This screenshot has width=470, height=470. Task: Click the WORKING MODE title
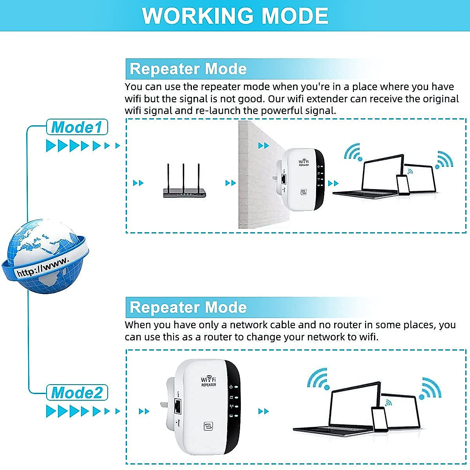tap(235, 16)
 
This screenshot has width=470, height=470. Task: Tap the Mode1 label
tap(77, 127)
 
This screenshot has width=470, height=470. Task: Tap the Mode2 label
tap(77, 393)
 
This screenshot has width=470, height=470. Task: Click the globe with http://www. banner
tap(46, 257)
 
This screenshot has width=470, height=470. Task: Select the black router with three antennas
tap(184, 192)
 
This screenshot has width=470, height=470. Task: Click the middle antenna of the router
tap(183, 176)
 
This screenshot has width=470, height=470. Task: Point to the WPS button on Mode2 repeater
tap(208, 426)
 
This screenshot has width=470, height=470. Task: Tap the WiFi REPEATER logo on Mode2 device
tap(208, 381)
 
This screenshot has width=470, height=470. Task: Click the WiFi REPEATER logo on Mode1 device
tap(304, 163)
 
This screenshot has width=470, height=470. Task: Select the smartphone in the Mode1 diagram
tap(403, 184)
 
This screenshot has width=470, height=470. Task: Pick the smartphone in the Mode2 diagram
tap(379, 419)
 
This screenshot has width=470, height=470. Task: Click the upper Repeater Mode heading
tap(188, 69)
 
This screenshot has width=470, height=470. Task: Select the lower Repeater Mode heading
tap(188, 307)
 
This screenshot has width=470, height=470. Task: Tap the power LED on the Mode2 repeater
tap(236, 387)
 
